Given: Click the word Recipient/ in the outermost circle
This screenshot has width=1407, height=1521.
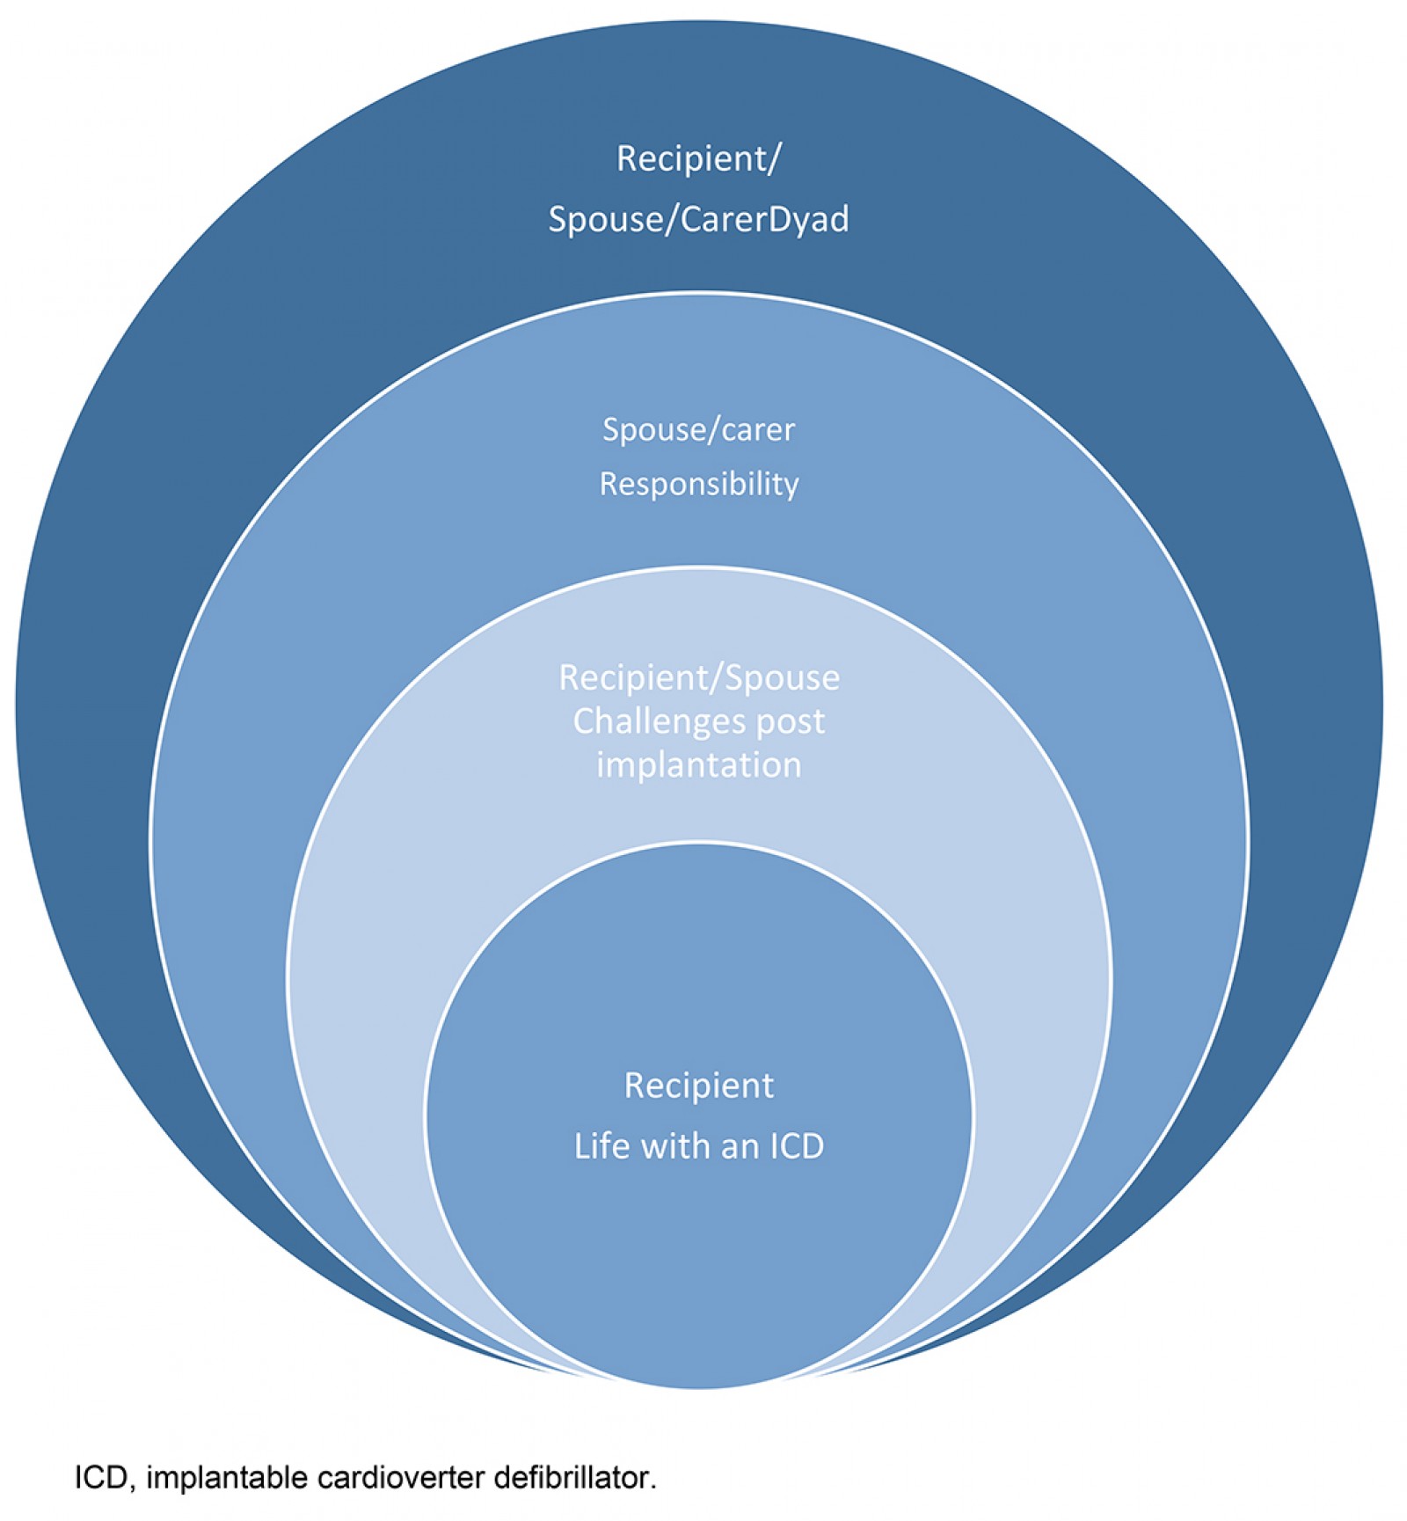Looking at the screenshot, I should [x=698, y=159].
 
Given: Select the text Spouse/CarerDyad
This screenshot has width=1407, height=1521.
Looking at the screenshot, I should [x=698, y=219].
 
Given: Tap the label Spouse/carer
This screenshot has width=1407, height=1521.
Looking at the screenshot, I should [x=698, y=429].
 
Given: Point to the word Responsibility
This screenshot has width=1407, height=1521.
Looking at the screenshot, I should [x=698, y=484].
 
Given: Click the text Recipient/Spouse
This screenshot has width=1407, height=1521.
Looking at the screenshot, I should [x=698, y=677].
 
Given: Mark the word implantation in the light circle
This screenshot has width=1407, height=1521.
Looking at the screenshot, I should [x=698, y=765].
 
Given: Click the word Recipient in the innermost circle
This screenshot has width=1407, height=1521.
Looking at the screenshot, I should [x=698, y=1086].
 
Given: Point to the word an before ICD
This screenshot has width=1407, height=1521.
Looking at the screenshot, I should [x=739, y=1147].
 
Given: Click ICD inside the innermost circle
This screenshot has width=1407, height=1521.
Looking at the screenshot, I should [x=797, y=1146].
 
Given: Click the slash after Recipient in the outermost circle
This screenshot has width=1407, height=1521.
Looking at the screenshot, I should [x=774, y=159].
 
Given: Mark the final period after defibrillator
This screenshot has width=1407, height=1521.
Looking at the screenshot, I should [x=653, y=1486].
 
